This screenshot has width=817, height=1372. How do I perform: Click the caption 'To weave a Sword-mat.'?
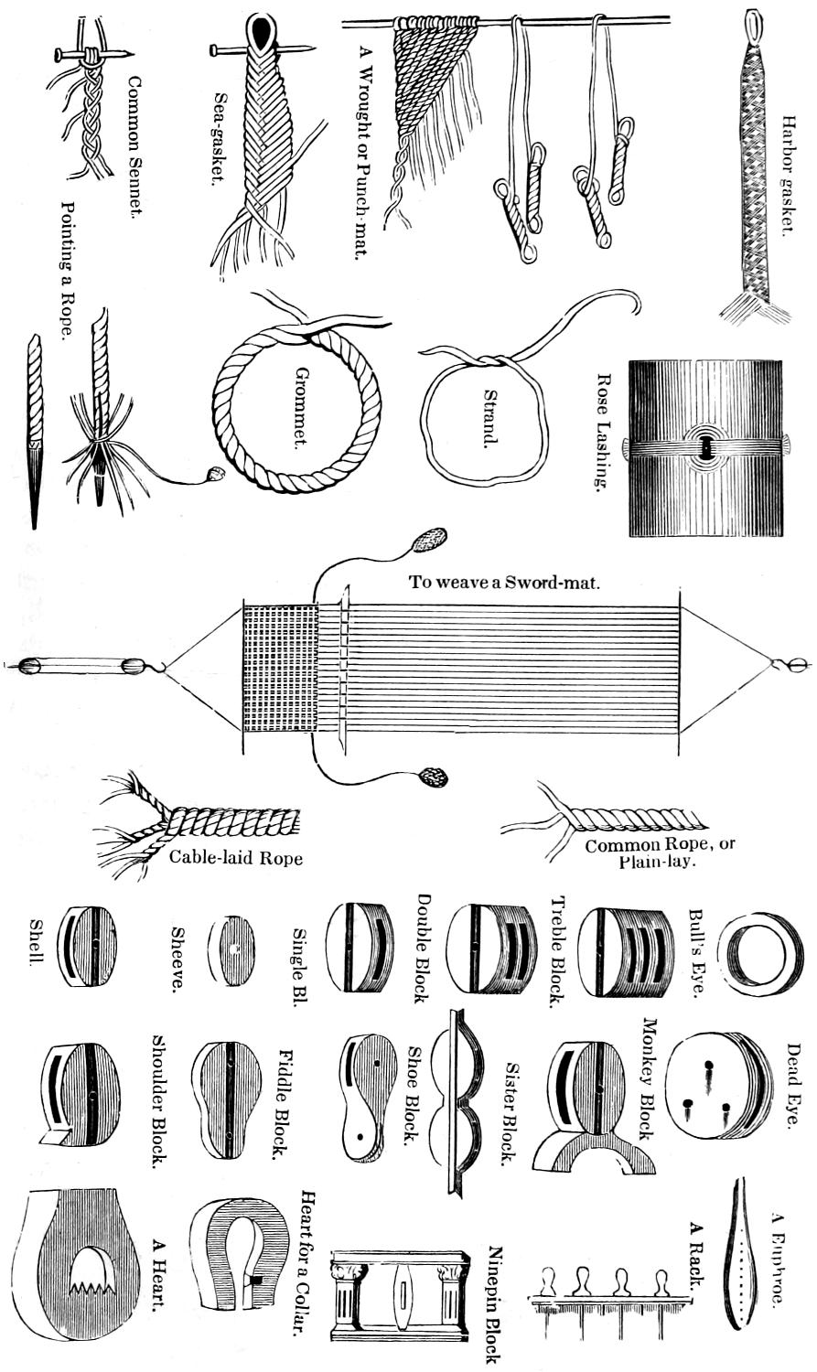[504, 582]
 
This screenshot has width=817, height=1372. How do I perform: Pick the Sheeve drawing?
[231, 950]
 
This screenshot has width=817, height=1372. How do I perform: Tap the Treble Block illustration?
[491, 949]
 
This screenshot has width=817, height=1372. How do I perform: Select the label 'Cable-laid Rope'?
[235, 857]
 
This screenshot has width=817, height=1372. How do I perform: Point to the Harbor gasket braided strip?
[755, 174]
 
